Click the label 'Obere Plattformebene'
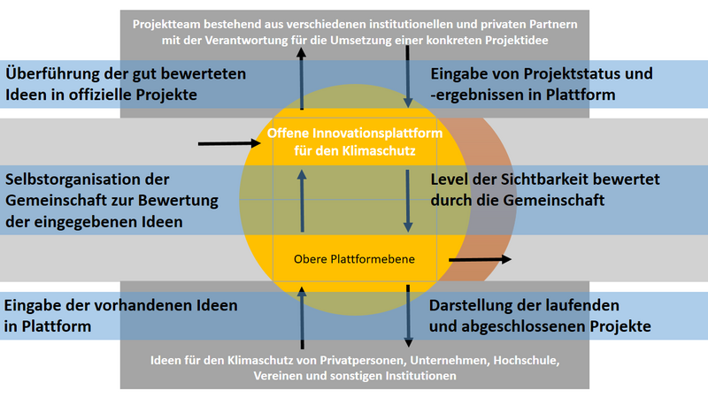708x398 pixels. pos(354,259)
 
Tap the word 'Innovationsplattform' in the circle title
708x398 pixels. pos(378,134)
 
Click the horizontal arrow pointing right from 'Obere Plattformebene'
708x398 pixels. pos(480,259)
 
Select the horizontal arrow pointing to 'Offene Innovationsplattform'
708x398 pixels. pos(229,143)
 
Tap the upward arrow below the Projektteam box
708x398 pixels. pos(302,79)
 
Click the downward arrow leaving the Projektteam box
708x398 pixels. pos(408,77)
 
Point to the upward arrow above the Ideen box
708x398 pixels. pos(302,318)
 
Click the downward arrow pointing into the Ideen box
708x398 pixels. pos(408,316)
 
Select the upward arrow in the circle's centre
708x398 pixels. pos(302,202)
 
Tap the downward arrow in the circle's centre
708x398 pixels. pos(408,202)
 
